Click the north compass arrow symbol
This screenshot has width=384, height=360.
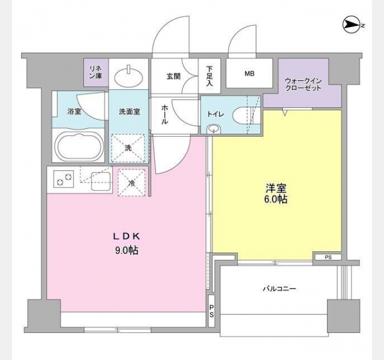pyautogui.click(x=352, y=25)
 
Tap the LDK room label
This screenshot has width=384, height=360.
pyautogui.click(x=127, y=236)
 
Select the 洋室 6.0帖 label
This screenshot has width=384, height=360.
pyautogui.click(x=276, y=194)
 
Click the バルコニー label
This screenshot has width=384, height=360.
pyautogui.click(x=280, y=289)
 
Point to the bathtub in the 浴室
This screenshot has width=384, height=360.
pyautogui.click(x=79, y=146)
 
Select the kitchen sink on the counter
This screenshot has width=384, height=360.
pyautogui.click(x=101, y=181)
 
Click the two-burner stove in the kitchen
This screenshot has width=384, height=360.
pyautogui.click(x=64, y=179)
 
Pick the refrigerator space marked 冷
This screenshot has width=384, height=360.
pyautogui.click(x=131, y=182)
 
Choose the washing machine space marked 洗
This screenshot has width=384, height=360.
pyautogui.click(x=128, y=148)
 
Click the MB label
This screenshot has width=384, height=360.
pyautogui.click(x=250, y=73)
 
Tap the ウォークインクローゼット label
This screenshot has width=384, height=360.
pyautogui.click(x=303, y=85)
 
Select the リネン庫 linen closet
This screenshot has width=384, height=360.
pyautogui.click(x=96, y=73)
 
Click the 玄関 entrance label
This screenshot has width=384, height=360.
pyautogui.click(x=173, y=76)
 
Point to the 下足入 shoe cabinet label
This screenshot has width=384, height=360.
pyautogui.click(x=209, y=76)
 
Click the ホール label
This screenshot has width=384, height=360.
pyautogui.click(x=164, y=115)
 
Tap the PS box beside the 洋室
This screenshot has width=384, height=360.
pyautogui.click(x=328, y=257)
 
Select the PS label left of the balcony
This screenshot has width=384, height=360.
pyautogui.click(x=211, y=311)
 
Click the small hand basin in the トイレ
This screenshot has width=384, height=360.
pyautogui.click(x=214, y=129)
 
